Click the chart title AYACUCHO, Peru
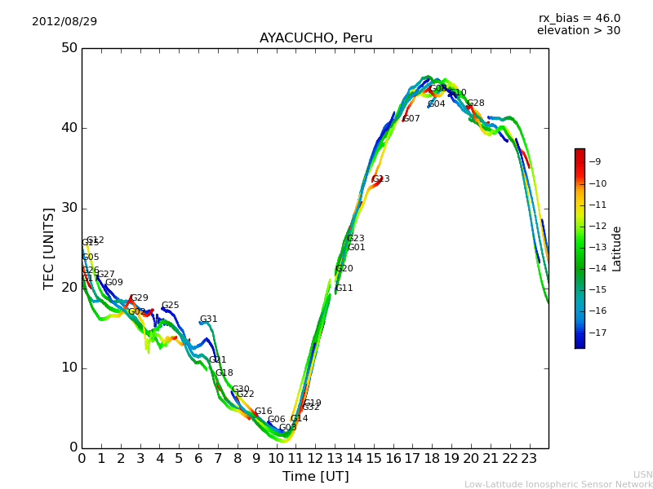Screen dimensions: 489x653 tap(316, 38)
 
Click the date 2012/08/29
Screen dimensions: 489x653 tap(64, 21)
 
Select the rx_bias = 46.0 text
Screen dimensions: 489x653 tap(579, 18)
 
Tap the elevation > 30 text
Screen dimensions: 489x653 tap(578, 31)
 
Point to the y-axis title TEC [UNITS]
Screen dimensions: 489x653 tap(49, 248)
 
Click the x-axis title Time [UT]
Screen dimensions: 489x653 tap(315, 477)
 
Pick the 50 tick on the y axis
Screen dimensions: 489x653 tap(69, 48)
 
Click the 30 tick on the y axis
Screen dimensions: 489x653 tap(69, 208)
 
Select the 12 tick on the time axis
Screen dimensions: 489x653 tap(315, 459)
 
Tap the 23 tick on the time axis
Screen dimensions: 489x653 tap(529, 459)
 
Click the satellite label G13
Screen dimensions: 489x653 tap(380, 179)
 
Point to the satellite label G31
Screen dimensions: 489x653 tap(209, 319)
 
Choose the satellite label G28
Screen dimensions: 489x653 tap(476, 104)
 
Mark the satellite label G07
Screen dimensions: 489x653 tap(411, 119)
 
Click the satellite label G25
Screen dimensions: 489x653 tap(170, 306)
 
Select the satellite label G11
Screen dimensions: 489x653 tap(344, 289)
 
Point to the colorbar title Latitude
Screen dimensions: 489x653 tap(617, 249)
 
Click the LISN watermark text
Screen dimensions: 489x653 tap(643, 474)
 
